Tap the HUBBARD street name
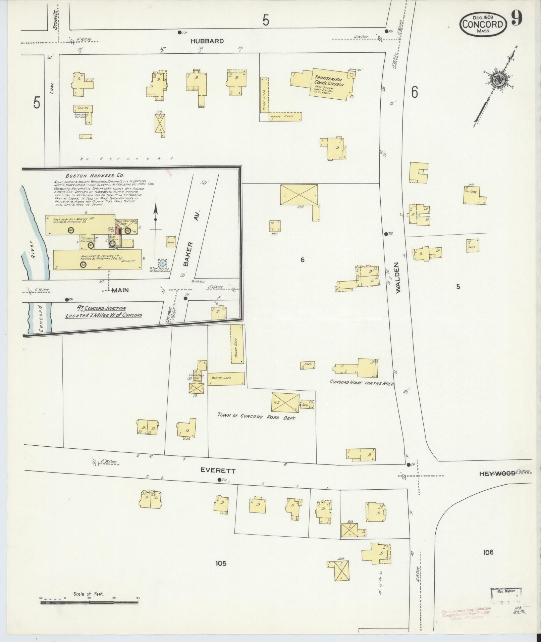207,41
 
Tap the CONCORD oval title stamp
483,24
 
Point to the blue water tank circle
163,263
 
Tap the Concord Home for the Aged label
362,382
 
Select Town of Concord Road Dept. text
256,416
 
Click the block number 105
221,563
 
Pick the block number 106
488,552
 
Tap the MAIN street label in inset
120,290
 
